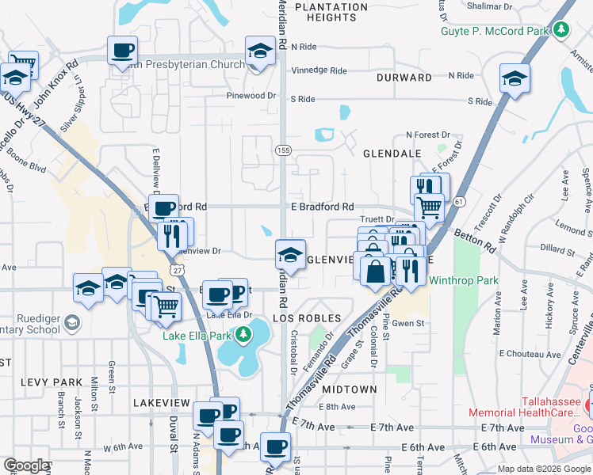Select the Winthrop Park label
point(464,279)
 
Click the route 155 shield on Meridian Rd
point(282,150)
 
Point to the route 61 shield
point(459,203)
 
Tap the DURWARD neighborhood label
point(404,78)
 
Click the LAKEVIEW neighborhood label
point(163,402)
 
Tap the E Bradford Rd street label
point(322,207)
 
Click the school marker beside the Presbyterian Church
point(259,51)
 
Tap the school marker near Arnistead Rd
point(515,78)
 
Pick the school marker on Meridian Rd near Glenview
point(290,255)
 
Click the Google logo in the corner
point(26,465)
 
